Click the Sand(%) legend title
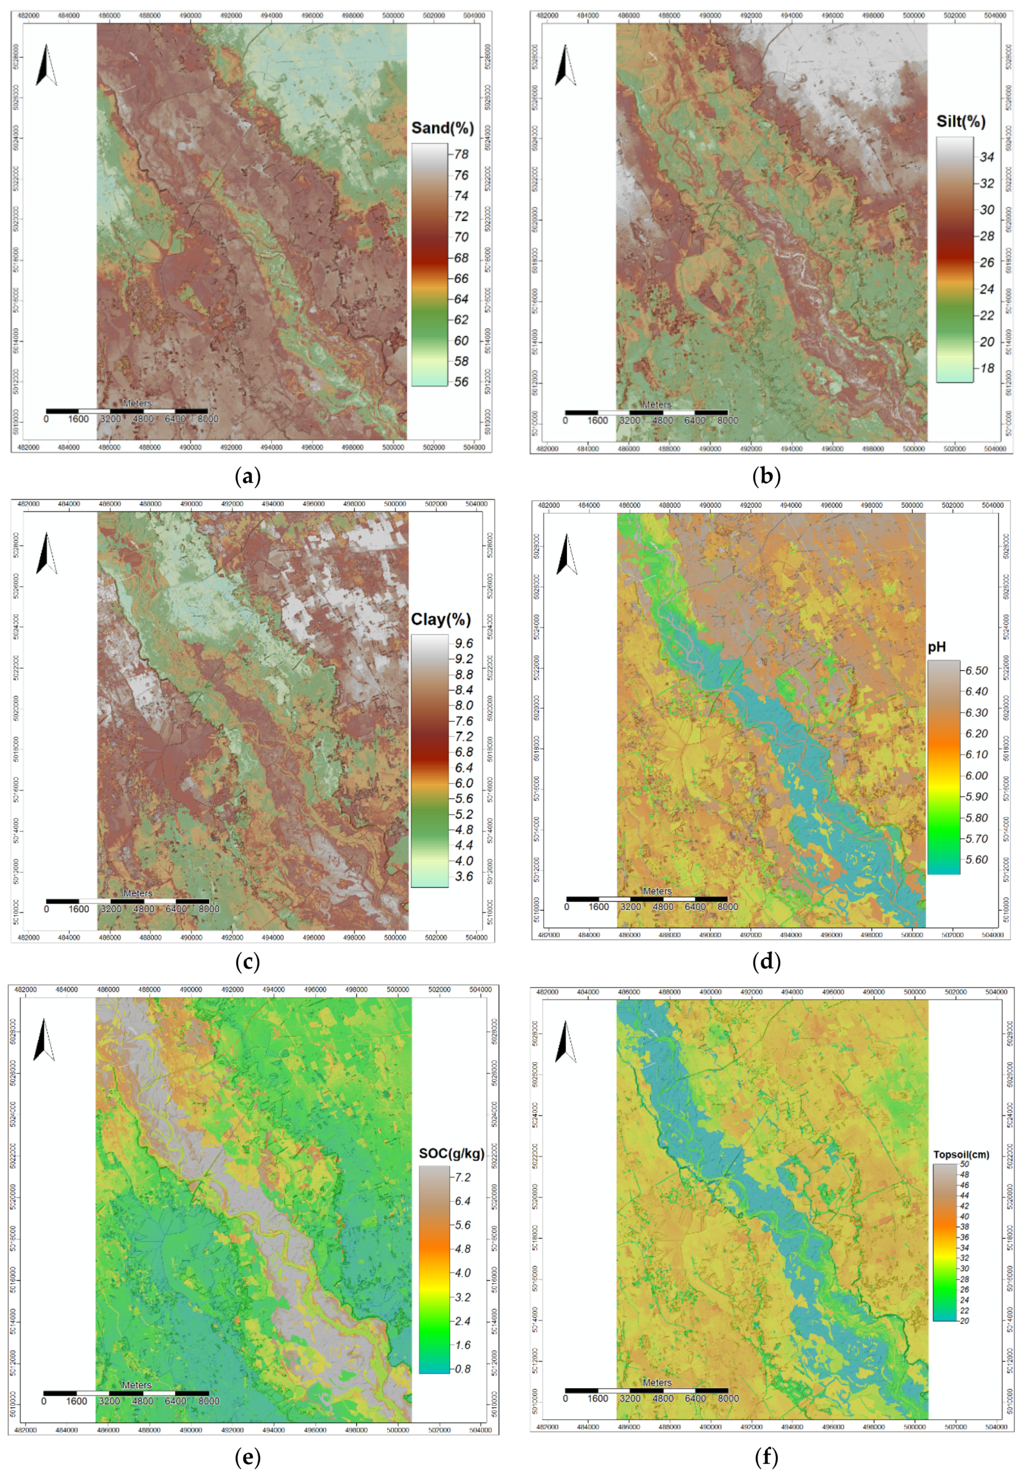(442, 128)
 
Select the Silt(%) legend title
(961, 121)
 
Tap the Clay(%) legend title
(441, 620)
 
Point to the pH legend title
(937, 647)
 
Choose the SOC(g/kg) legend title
(451, 1153)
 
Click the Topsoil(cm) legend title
(961, 1155)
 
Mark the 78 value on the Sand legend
(461, 155)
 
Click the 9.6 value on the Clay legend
(463, 644)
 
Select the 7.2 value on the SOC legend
(462, 1178)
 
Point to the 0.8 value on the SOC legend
(462, 1369)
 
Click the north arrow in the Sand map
(46, 65)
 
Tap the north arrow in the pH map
(566, 555)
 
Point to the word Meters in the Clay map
(138, 893)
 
